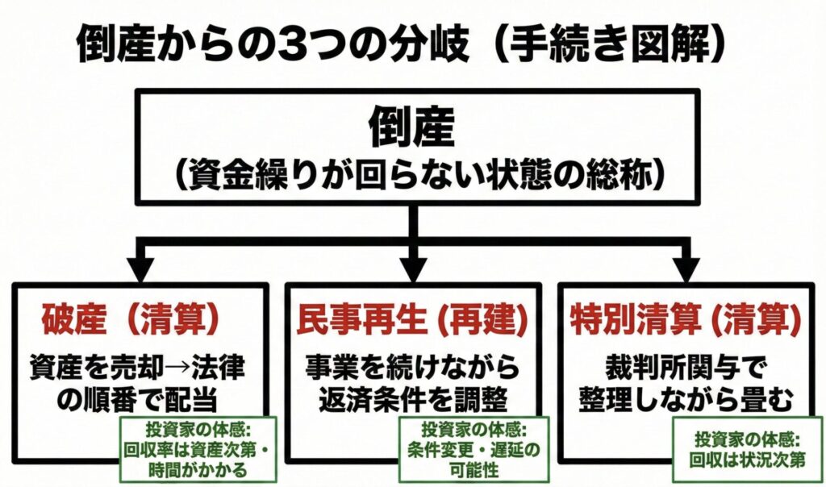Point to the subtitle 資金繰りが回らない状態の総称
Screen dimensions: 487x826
(413, 173)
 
